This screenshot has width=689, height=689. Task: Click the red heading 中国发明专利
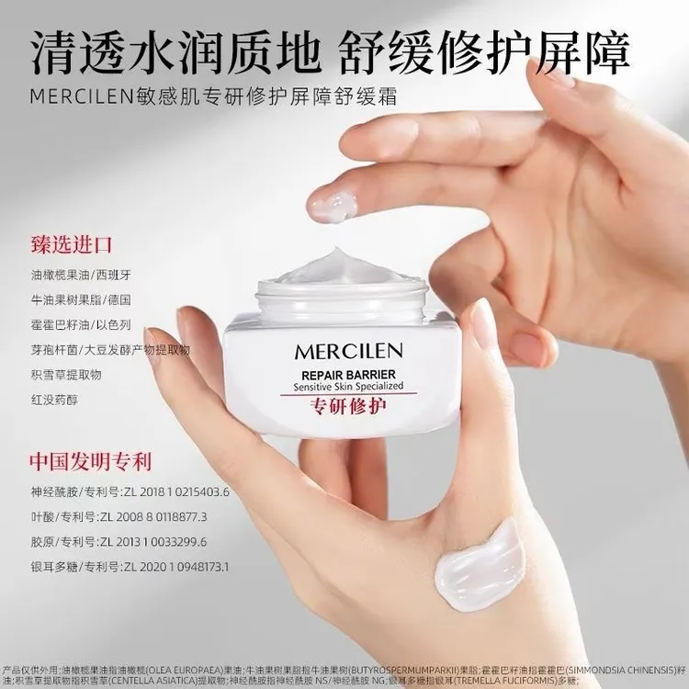point(89,460)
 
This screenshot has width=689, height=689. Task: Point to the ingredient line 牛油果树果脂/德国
point(81,299)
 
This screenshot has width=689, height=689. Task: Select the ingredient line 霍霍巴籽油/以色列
point(81,324)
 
